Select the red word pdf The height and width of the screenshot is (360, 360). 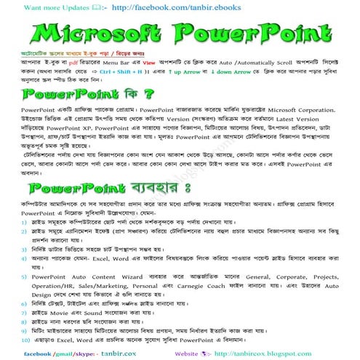click(x=69, y=63)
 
